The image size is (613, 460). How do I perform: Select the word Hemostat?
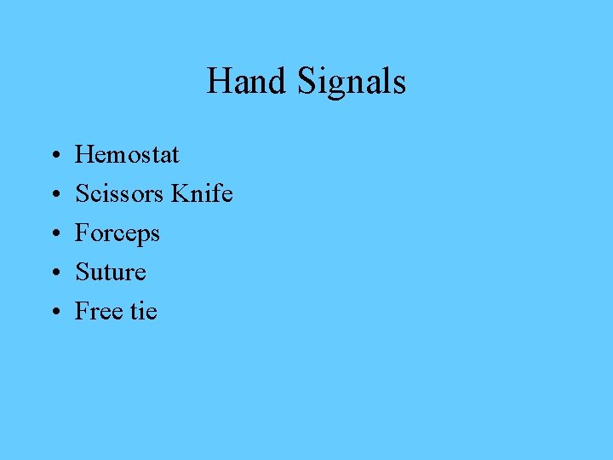[127, 154]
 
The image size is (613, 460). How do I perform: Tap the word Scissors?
[119, 193]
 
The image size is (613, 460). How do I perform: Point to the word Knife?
[202, 193]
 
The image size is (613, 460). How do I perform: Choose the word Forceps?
[117, 233]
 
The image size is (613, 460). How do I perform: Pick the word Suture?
[111, 272]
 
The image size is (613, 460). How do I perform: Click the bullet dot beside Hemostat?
[54, 156]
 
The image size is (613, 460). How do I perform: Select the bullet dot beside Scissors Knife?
[54, 195]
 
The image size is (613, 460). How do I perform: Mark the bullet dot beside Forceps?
[54, 234]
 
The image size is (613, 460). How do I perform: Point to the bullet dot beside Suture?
[54, 273]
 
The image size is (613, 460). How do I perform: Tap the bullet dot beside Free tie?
[54, 313]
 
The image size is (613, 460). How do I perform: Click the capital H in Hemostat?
[84, 154]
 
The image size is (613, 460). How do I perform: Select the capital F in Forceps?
[82, 233]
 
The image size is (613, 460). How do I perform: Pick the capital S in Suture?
[82, 272]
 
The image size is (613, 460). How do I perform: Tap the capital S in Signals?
[307, 82]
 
